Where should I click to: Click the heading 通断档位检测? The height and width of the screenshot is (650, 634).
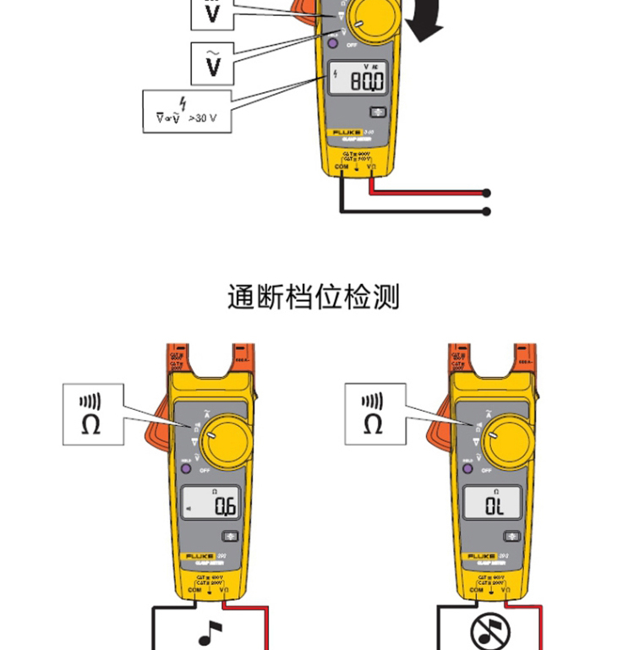click(x=313, y=297)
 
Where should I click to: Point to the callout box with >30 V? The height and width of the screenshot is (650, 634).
click(x=186, y=111)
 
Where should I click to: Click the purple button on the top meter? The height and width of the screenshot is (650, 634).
click(x=333, y=41)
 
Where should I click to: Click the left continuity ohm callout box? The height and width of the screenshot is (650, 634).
click(x=94, y=414)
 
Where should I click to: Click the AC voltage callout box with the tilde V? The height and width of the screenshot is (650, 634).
click(x=213, y=63)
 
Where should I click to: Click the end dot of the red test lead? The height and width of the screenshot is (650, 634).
click(x=487, y=194)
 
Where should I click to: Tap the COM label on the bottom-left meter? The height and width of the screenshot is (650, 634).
click(x=194, y=590)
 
